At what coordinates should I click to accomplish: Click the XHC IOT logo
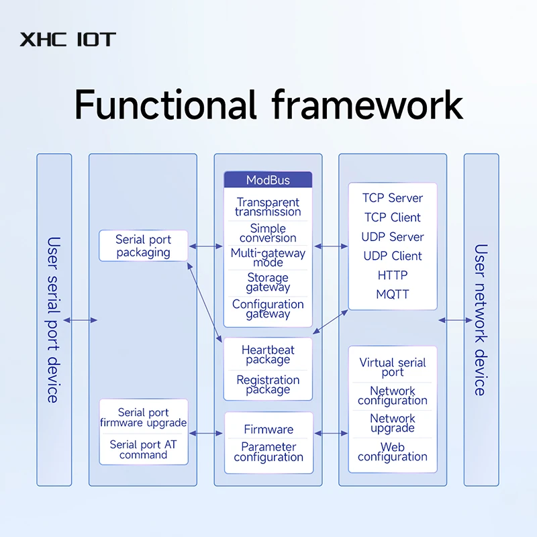[x=68, y=40]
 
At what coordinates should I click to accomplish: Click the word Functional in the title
[x=165, y=105]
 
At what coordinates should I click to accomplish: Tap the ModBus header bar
[x=268, y=180]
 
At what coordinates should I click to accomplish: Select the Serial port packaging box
[x=144, y=246]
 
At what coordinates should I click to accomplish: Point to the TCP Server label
[x=393, y=198]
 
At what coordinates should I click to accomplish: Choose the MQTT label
[x=393, y=294]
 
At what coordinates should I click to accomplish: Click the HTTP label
[x=393, y=275]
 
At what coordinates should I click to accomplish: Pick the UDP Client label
[x=393, y=256]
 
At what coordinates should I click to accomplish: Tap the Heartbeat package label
[x=268, y=354]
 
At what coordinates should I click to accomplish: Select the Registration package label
[x=268, y=385]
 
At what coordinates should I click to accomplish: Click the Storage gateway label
[x=268, y=282]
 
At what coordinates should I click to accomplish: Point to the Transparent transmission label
[x=268, y=207]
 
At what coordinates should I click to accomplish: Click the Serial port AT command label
[x=144, y=449]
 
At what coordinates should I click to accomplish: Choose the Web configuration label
[x=393, y=452]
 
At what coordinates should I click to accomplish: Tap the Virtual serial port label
[x=393, y=367]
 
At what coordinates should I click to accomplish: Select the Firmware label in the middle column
[x=268, y=429]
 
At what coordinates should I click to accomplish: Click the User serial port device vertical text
[x=54, y=320]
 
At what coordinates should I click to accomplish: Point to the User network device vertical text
[x=481, y=320]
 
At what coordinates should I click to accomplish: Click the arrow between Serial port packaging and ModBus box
[x=206, y=246]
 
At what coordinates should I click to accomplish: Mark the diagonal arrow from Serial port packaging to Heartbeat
[x=205, y=303]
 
